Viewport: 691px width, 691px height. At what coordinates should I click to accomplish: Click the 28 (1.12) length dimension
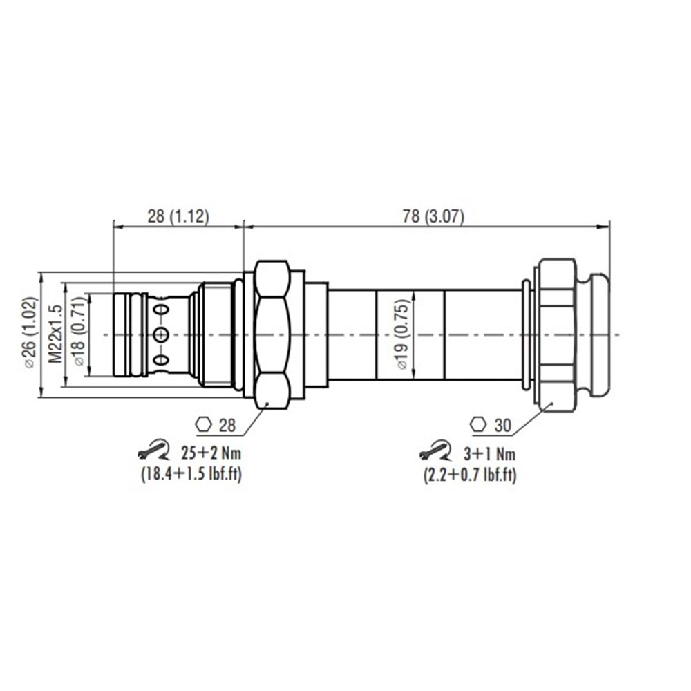tap(178, 216)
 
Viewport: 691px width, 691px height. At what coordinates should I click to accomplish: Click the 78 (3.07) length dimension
tap(433, 216)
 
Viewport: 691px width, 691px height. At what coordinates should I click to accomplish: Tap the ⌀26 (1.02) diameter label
tap(28, 333)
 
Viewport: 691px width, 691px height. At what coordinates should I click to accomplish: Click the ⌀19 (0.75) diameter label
tap(403, 334)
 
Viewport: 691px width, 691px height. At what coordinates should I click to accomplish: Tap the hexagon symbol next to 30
tap(477, 424)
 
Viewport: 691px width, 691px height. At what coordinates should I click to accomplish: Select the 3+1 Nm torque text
tap(488, 454)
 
